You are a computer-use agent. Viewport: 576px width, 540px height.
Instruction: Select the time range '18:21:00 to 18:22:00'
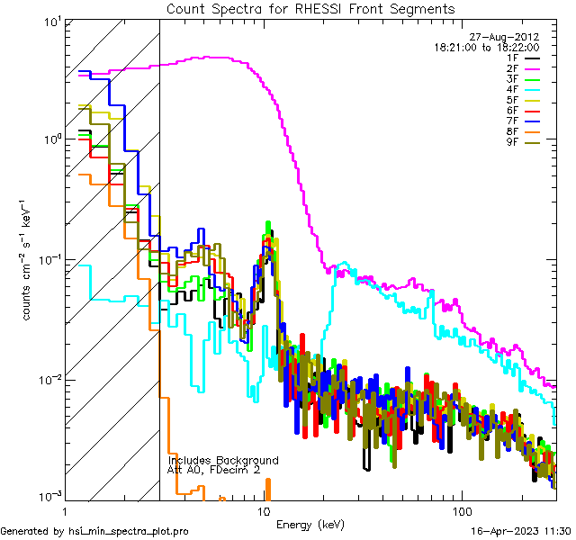487,47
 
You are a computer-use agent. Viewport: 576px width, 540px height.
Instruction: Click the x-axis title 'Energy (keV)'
310,524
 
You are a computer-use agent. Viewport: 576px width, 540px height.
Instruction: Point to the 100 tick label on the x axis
460,511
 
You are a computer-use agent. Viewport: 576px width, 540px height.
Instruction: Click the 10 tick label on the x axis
264,511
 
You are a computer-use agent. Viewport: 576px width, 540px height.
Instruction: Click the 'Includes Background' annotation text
223,460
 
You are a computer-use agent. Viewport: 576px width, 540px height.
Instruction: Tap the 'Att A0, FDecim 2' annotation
213,470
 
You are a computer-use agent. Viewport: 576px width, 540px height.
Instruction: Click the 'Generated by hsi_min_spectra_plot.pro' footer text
94,531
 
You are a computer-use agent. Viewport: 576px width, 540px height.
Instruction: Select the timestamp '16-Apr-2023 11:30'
521,531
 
